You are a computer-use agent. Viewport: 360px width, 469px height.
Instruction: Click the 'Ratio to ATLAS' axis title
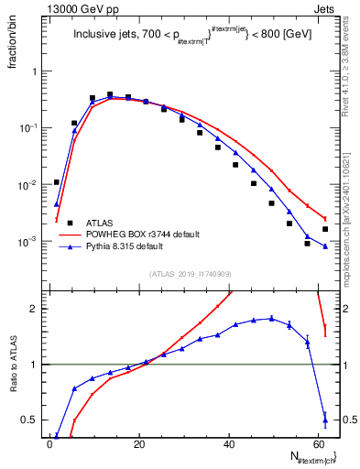point(14,365)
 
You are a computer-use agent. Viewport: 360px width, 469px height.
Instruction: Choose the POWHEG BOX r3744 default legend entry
point(142,234)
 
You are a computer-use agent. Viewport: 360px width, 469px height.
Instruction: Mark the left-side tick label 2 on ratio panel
point(33,309)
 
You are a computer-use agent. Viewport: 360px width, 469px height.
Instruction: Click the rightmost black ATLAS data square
point(325,229)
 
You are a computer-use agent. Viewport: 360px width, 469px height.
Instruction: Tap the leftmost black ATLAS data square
point(57,182)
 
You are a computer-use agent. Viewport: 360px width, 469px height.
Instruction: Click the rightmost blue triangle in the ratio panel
point(325,420)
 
